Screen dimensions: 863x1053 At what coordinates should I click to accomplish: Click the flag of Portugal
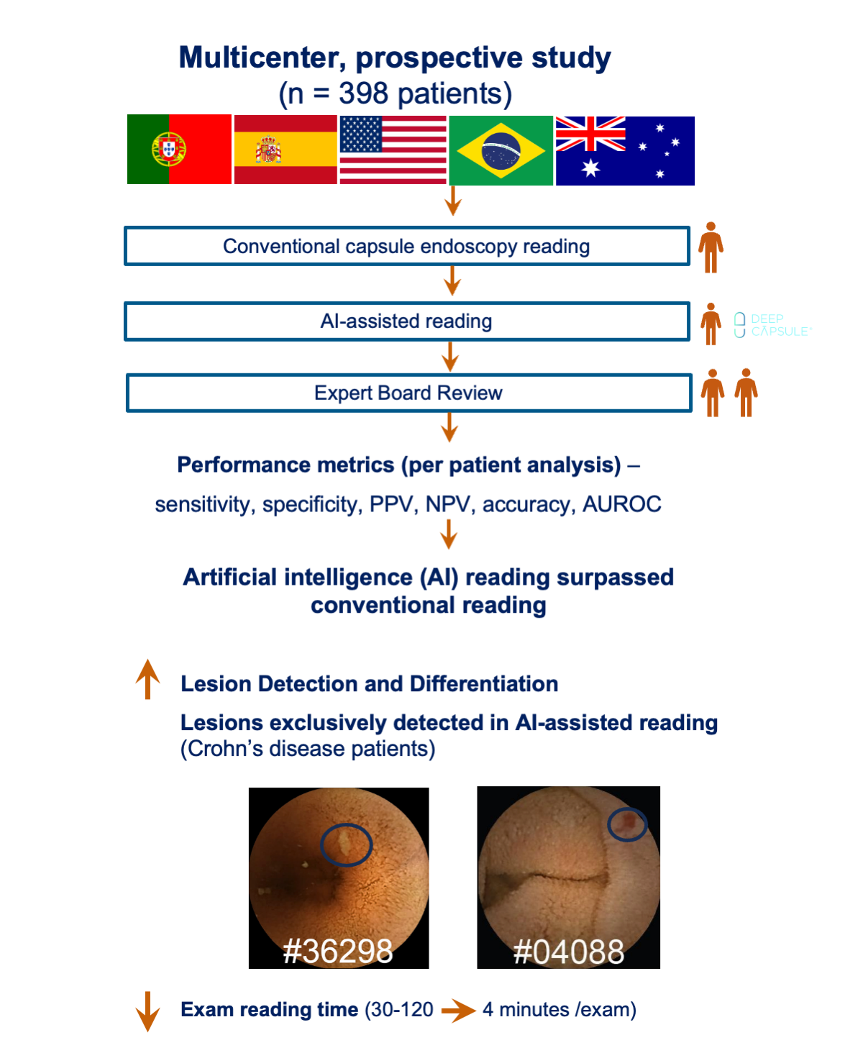point(179,149)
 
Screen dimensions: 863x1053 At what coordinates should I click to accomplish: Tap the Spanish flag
point(286,150)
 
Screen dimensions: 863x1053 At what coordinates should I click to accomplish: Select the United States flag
point(393,150)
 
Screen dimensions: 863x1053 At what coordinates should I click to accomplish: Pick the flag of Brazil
point(501,150)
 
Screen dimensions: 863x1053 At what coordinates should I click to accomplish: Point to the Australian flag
point(625,151)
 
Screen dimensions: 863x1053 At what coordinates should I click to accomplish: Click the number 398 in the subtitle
point(363,94)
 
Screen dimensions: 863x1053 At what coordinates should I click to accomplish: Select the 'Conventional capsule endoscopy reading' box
point(407,246)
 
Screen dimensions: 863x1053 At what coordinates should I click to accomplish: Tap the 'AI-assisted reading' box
point(407,321)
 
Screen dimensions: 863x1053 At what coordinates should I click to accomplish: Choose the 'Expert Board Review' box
point(408,393)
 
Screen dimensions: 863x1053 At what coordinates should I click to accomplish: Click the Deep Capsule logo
point(772,325)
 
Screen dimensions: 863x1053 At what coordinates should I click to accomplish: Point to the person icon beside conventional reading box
point(711,247)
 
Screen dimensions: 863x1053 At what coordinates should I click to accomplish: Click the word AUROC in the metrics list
point(622,503)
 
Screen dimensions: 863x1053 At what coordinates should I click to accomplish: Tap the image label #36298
point(338,951)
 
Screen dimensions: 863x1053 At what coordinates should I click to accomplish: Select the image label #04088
point(569,952)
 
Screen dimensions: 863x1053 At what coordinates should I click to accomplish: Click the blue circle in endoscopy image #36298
point(346,825)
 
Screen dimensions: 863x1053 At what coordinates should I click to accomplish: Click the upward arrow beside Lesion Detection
point(147,679)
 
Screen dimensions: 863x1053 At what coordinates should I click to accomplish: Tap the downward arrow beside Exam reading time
point(147,1011)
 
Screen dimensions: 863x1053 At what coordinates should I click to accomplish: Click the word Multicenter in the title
point(262,58)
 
